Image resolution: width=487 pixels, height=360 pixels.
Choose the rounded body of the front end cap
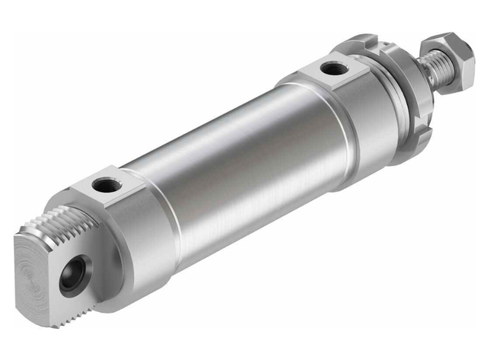tap(358, 129)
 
